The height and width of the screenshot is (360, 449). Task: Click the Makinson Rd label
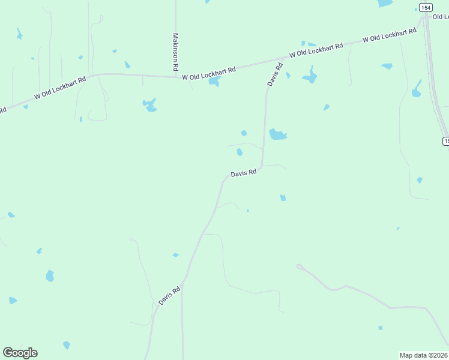(x=176, y=52)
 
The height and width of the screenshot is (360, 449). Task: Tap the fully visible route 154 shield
(x=426, y=7)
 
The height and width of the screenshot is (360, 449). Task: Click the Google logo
(x=20, y=353)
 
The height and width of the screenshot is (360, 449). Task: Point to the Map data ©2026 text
(x=424, y=355)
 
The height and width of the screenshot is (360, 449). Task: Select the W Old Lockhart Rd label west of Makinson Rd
(x=60, y=86)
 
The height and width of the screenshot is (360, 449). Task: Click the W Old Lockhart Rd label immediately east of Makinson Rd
(x=209, y=73)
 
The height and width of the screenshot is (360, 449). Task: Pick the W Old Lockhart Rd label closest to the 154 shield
(x=390, y=35)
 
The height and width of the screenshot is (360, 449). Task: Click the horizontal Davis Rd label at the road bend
(x=244, y=172)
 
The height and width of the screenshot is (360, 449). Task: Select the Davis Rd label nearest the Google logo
(x=170, y=296)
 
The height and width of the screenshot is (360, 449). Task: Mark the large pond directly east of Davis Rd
(x=277, y=134)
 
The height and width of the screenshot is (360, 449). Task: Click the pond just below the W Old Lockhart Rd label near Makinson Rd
(x=214, y=81)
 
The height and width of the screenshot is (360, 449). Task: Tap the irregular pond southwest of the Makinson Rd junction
(x=150, y=105)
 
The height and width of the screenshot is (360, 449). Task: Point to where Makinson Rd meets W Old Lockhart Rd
(x=176, y=76)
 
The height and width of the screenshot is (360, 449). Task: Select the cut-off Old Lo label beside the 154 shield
(x=440, y=16)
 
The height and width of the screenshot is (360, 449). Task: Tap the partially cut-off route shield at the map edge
(x=445, y=141)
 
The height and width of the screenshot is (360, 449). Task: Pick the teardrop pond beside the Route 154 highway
(x=417, y=89)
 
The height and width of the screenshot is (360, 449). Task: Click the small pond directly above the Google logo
(x=12, y=300)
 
